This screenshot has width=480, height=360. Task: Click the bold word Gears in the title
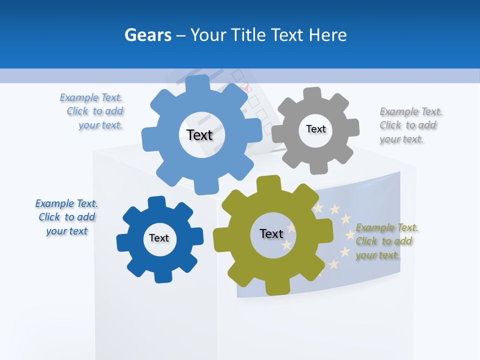point(148,35)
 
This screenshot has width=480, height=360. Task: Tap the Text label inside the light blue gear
point(199,135)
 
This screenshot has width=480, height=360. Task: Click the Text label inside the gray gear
point(315,129)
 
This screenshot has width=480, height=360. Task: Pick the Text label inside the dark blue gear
point(159,238)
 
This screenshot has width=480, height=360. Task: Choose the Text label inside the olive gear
point(271,233)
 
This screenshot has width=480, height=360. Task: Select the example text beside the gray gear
point(408,125)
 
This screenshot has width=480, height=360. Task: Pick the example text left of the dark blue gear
point(66,217)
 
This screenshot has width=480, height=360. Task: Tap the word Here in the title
point(328,35)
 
